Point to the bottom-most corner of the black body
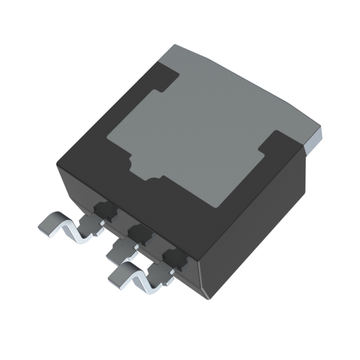209,297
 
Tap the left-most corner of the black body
57,164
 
